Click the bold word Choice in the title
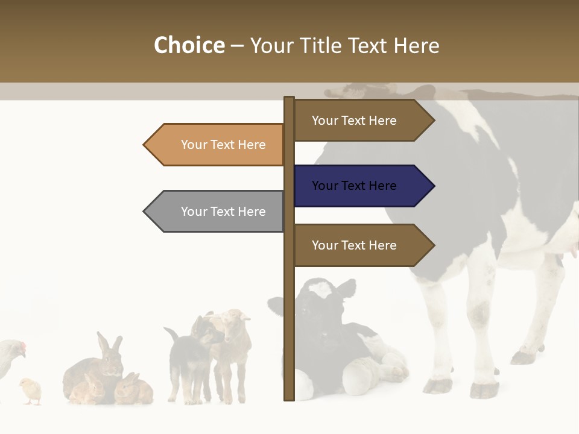point(189,45)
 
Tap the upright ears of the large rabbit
point(110,344)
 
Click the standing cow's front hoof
point(439,386)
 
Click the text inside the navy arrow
point(354,186)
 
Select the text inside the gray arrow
point(223,212)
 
